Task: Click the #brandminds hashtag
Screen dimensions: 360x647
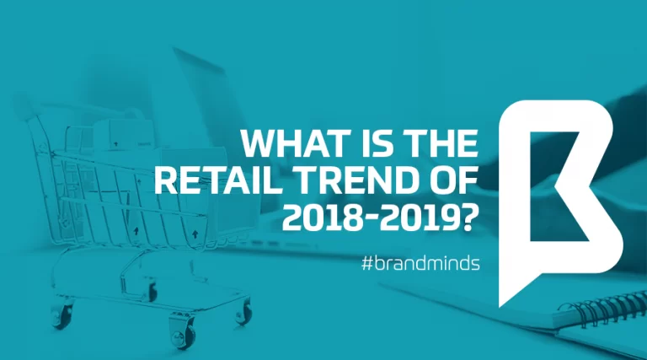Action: point(420,263)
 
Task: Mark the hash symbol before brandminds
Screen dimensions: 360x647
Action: point(366,263)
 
